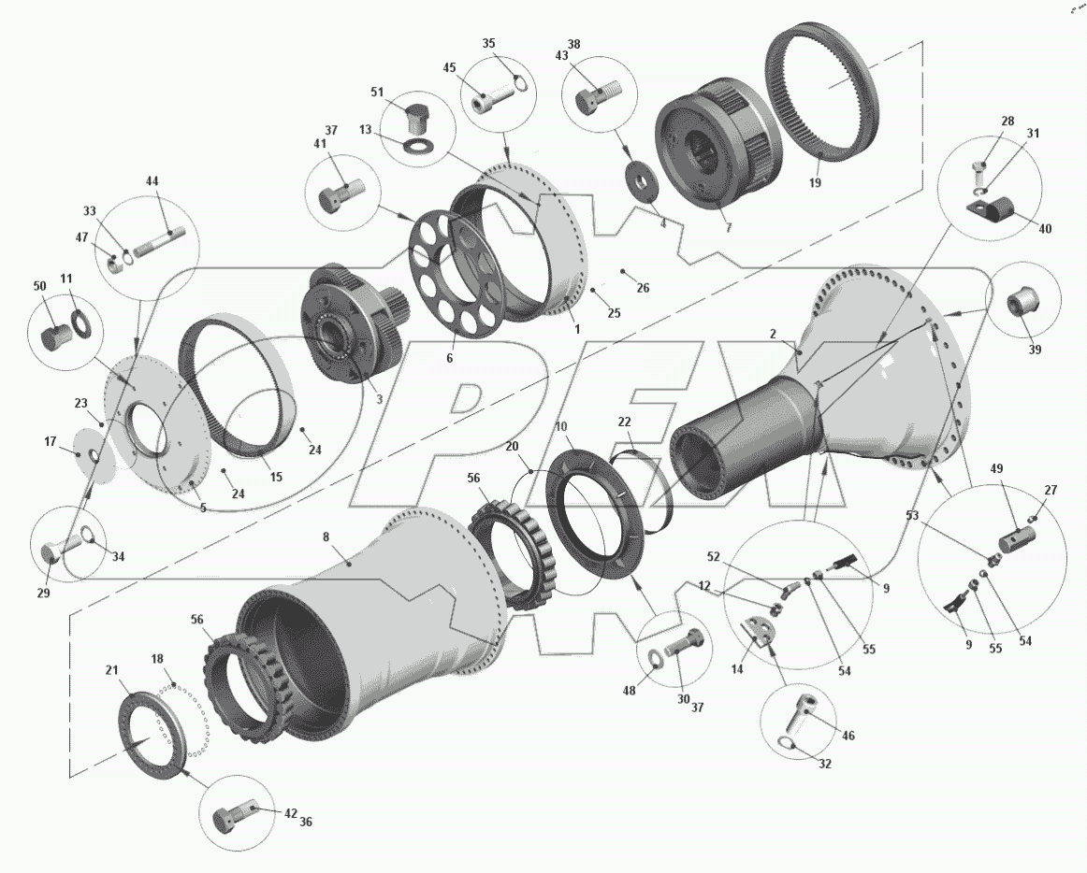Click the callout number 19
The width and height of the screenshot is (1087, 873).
815,182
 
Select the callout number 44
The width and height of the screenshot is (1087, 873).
152,180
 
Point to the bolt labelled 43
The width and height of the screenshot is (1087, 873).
597,97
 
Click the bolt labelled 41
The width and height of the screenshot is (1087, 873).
341,196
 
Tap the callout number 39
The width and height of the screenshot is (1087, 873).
1035,350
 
